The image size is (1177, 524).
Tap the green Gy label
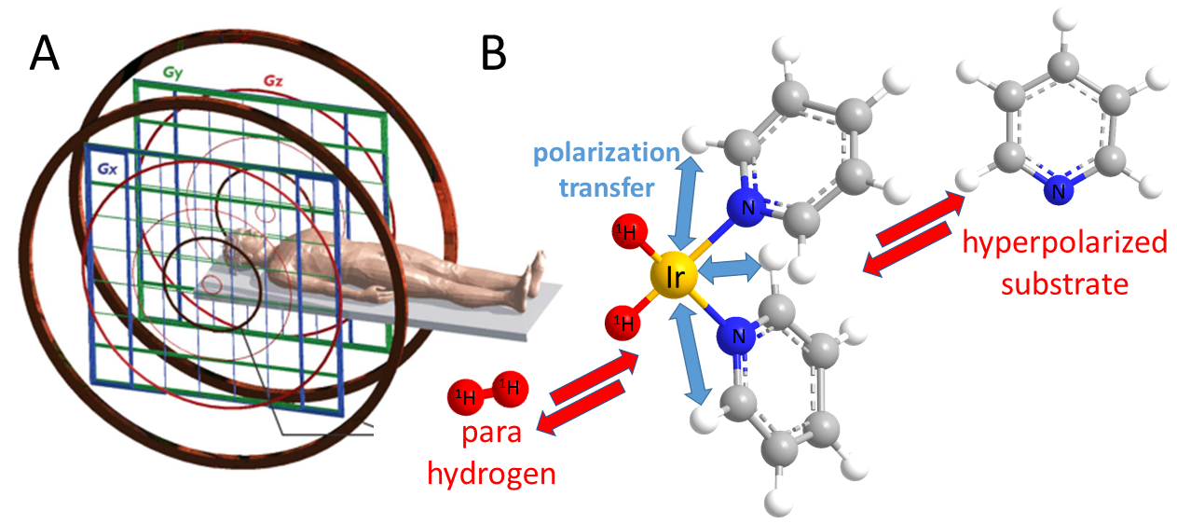click(x=173, y=72)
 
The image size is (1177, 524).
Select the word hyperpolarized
click(x=1065, y=243)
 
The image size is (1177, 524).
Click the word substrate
click(x=1063, y=283)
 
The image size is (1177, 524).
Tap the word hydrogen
click(x=491, y=474)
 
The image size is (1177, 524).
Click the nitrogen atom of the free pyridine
click(x=1055, y=192)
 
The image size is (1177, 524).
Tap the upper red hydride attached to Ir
click(x=625, y=235)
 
